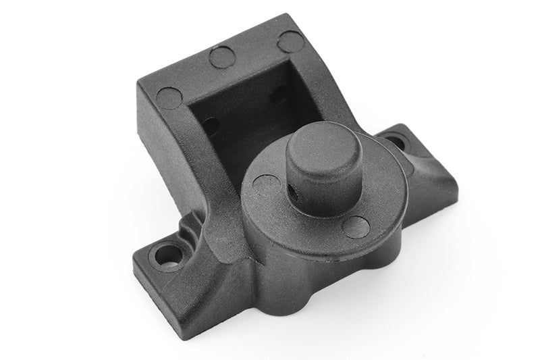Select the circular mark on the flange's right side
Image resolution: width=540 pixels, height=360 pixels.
click(355, 226)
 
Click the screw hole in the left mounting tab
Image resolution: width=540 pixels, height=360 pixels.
click(167, 255)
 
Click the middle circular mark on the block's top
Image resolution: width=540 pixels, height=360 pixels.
click(222, 57)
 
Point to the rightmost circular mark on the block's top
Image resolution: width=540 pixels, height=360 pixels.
click(290, 41)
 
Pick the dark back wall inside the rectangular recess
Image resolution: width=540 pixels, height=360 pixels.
click(250, 108)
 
